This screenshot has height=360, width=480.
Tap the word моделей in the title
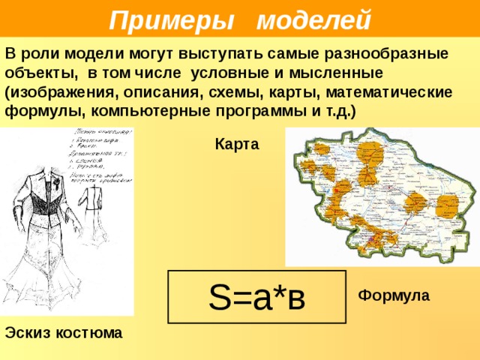click(x=313, y=18)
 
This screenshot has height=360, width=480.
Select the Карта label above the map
click(x=236, y=145)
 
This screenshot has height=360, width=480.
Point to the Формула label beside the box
click(x=394, y=295)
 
